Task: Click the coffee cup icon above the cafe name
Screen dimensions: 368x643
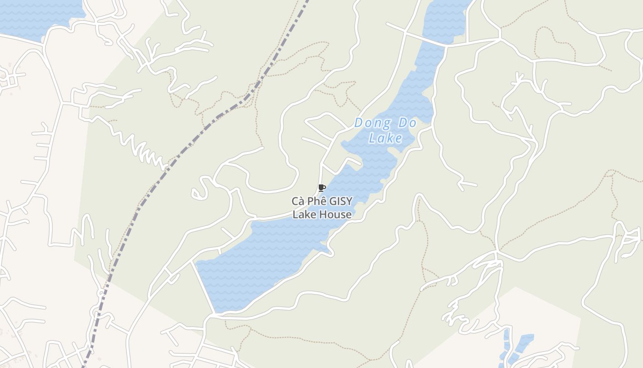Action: [321, 188]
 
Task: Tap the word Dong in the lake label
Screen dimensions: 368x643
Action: [372, 123]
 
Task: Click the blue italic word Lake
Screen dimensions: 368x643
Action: [386, 138]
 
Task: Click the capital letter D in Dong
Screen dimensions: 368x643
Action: [360, 123]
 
